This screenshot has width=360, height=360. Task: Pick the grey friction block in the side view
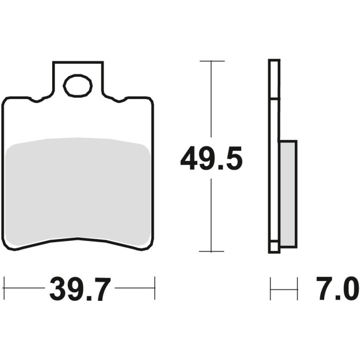(288, 194)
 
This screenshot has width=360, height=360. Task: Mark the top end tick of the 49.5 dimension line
(212, 61)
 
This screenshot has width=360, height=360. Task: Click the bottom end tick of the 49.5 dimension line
(212, 252)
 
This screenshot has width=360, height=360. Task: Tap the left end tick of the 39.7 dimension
(4, 287)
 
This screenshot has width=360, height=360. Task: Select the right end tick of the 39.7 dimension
(155, 287)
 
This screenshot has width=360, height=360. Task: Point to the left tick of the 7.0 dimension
(270, 288)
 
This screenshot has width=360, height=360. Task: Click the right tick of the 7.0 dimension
(297, 288)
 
